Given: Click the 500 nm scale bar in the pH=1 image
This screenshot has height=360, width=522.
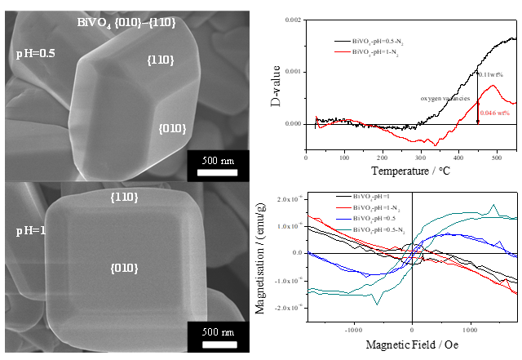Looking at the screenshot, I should tap(216, 339).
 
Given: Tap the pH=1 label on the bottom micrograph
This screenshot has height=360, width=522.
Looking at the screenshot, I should tap(32, 232).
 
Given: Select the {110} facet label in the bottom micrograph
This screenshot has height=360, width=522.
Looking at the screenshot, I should tap(124, 197).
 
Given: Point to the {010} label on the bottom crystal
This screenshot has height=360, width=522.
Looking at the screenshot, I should tap(124, 267).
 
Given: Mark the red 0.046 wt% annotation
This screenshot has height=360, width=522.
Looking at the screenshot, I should tap(496, 113).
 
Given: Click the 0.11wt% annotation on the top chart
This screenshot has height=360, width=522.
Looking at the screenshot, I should tap(491, 74).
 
